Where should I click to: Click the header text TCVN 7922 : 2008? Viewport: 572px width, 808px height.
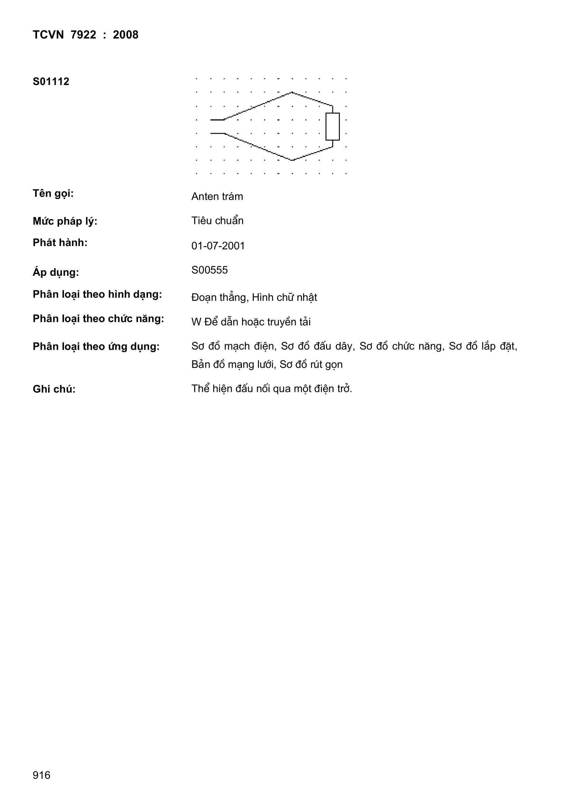85,35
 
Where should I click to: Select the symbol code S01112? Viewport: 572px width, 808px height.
51,82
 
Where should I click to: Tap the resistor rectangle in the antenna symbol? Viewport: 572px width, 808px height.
332,127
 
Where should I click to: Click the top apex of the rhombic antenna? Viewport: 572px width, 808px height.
292,93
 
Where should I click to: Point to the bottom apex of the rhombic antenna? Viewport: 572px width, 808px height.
292,160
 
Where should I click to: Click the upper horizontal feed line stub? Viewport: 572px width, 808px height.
217,120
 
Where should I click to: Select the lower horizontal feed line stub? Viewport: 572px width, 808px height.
217,133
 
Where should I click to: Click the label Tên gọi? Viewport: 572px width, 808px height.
53,194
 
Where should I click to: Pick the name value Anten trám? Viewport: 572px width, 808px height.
217,196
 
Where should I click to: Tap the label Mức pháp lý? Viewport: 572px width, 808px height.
65,222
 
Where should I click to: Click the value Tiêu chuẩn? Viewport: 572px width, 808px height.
217,220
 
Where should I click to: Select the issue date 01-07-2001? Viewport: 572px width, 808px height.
218,246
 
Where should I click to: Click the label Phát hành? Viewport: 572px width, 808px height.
60,243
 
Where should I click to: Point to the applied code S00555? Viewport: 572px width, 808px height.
210,270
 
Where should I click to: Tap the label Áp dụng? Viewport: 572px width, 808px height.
56,272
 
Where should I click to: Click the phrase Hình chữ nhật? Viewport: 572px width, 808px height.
285,297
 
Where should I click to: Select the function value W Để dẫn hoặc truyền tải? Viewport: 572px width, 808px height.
251,322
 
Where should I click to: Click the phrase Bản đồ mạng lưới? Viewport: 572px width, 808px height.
232,364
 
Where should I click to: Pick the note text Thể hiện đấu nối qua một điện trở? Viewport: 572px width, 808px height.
271,388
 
